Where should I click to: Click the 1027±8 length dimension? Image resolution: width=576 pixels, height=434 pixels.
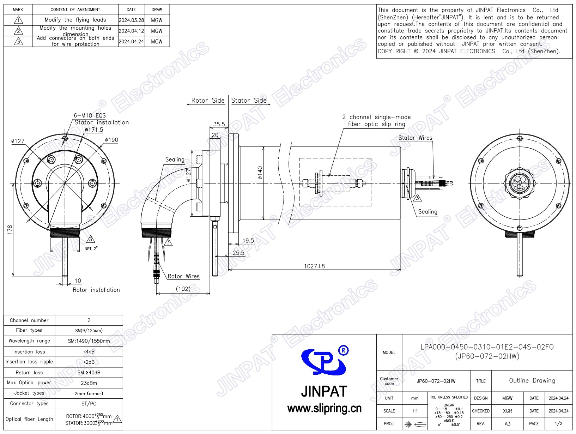[314, 266]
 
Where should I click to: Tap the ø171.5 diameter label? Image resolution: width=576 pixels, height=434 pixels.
[94, 130]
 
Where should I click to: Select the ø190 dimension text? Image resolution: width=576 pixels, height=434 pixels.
[111, 140]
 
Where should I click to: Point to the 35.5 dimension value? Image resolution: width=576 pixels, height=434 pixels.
[219, 124]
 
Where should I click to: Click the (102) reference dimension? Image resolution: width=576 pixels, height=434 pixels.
[183, 289]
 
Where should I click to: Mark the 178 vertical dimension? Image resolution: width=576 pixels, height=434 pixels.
[10, 230]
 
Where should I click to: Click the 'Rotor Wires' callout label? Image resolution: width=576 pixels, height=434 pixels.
[183, 276]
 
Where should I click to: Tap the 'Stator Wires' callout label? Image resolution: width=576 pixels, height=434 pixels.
[415, 138]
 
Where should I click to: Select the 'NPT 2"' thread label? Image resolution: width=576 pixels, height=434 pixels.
[91, 249]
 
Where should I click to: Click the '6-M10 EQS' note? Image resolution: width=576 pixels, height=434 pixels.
[90, 115]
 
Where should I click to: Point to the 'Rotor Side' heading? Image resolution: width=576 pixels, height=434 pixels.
[208, 101]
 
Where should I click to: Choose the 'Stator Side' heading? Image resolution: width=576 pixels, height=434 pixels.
[249, 101]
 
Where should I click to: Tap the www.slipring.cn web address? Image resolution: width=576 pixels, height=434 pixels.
[324, 409]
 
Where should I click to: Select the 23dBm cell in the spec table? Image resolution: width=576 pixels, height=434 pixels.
[89, 383]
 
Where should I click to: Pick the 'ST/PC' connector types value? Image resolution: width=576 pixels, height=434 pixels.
[89, 404]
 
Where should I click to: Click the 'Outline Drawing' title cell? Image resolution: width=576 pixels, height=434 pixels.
[532, 380]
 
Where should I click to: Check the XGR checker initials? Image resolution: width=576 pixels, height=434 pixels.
[507, 411]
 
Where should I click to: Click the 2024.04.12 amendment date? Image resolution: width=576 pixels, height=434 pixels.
[131, 31]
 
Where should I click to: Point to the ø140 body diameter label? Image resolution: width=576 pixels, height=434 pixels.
[260, 173]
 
